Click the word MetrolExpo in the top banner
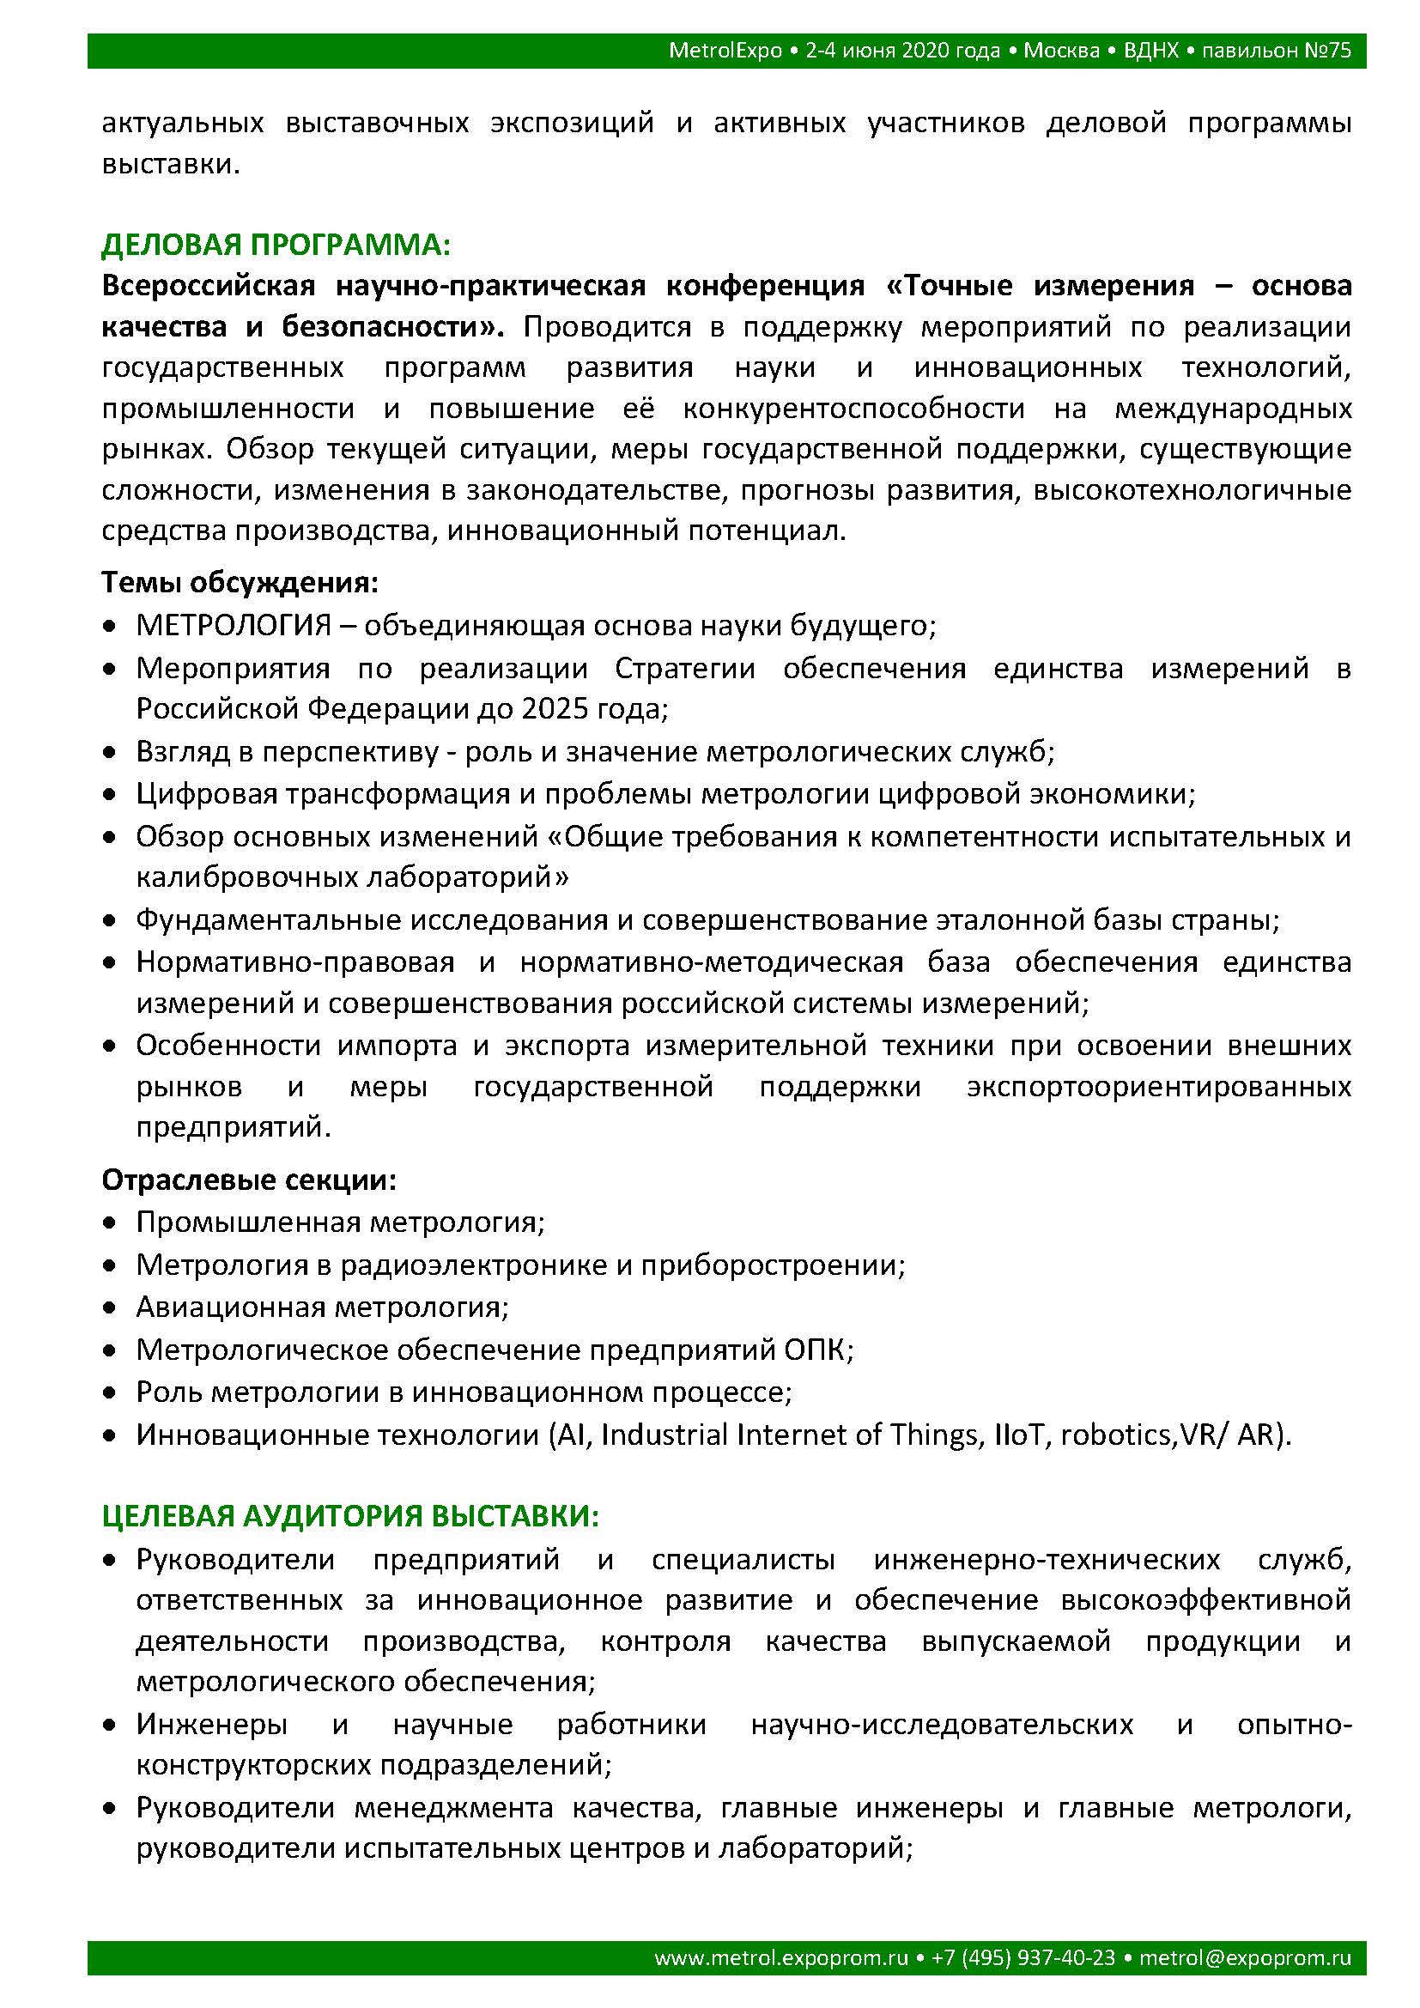pyautogui.click(x=725, y=51)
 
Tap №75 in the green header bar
pyautogui.click(x=1327, y=51)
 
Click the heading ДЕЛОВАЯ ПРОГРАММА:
pyautogui.click(x=276, y=245)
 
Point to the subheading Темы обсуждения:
pyautogui.click(x=240, y=581)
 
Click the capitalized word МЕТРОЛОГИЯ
pyautogui.click(x=234, y=625)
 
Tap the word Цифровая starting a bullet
pyautogui.click(x=203, y=793)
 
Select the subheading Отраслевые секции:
pyautogui.click(x=249, y=1180)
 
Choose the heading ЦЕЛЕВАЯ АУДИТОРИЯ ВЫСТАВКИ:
pyautogui.click(x=350, y=1515)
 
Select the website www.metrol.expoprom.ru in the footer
pyautogui.click(x=780, y=1957)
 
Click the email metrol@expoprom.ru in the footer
pyautogui.click(x=1245, y=1957)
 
